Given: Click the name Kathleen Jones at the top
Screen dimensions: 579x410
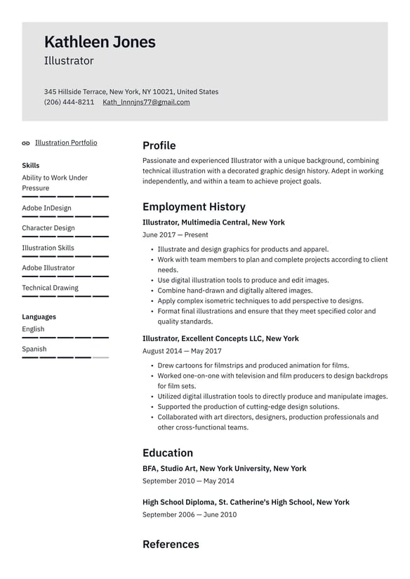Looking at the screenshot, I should (100, 42).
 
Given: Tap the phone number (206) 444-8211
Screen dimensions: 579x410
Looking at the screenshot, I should (69, 102).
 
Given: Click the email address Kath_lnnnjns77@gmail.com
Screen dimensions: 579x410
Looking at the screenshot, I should (146, 102).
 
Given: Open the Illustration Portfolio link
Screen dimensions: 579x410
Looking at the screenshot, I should (66, 143).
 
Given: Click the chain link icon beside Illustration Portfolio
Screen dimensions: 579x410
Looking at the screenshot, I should (26, 143).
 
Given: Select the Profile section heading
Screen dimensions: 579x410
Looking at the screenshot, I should (159, 146).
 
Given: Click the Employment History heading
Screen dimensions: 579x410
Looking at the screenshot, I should (194, 207).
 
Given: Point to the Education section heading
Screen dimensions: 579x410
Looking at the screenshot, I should (167, 453).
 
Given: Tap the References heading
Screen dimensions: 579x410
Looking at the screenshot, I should (171, 545).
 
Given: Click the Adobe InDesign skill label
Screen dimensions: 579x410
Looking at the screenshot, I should (46, 208).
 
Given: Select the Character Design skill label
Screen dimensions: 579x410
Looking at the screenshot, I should (48, 228).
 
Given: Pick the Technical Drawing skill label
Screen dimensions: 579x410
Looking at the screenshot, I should (50, 288).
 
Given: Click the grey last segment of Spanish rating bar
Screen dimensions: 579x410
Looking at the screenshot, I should (100, 357).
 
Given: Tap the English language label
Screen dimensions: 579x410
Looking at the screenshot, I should (33, 329).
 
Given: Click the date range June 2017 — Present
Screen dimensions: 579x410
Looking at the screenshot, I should (175, 235).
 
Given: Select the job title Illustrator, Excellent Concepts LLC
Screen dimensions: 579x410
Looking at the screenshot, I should (220, 339).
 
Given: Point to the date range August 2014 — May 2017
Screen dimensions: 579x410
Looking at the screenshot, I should (182, 351).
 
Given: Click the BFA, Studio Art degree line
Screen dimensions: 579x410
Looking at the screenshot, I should (224, 469).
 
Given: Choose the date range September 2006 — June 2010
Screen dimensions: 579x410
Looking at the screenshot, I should (189, 514).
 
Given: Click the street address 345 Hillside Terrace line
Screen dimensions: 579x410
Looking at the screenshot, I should (131, 92).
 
